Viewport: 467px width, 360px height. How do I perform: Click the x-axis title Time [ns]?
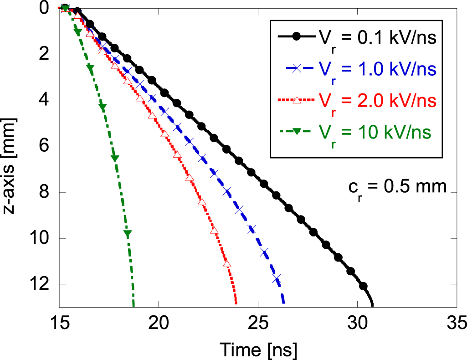pyautogui.click(x=259, y=350)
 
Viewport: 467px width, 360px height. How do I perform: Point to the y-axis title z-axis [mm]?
pyautogui.click(x=11, y=156)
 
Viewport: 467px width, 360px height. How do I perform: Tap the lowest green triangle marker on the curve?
pyautogui.click(x=128, y=234)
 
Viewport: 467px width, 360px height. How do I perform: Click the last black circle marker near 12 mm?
pyautogui.click(x=363, y=286)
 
